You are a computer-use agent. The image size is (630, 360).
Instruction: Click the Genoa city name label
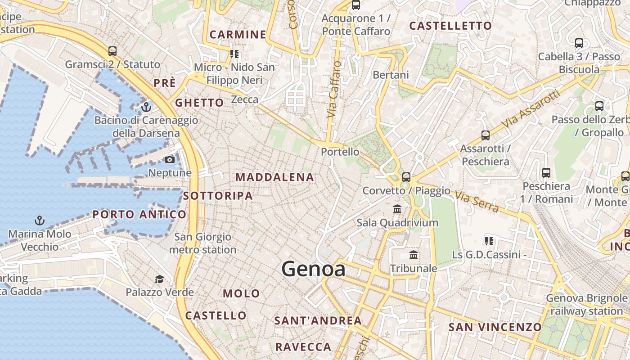coord(314,269)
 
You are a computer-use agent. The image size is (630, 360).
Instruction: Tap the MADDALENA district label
coord(274,177)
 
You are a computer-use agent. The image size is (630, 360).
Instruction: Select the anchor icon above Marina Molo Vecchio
coord(40,220)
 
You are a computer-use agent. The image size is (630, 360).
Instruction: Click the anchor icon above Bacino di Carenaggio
coord(146,107)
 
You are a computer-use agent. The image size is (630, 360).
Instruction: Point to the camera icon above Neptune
coord(170,160)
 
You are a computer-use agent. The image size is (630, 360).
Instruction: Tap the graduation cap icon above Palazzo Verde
coord(159,279)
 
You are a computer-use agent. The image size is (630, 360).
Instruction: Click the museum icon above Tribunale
coord(414,255)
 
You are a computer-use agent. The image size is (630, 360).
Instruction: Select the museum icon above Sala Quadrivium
coord(397,209)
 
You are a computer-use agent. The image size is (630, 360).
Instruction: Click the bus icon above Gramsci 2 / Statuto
coord(112,51)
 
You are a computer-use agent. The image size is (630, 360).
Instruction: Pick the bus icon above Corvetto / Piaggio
coord(406,177)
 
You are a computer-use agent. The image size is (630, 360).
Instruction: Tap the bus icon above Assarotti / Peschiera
coord(485,135)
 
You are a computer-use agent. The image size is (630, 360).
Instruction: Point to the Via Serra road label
coord(477,202)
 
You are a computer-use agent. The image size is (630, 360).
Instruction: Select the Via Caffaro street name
coord(333,90)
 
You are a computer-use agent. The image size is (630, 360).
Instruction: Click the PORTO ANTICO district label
coord(139,215)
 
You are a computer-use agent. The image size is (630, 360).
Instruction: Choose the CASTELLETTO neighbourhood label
coord(450,26)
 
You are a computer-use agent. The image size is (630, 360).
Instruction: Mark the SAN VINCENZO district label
coord(495,327)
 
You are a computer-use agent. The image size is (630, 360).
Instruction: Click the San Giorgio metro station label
coord(202,243)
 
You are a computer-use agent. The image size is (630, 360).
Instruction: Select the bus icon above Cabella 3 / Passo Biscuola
coord(579,44)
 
